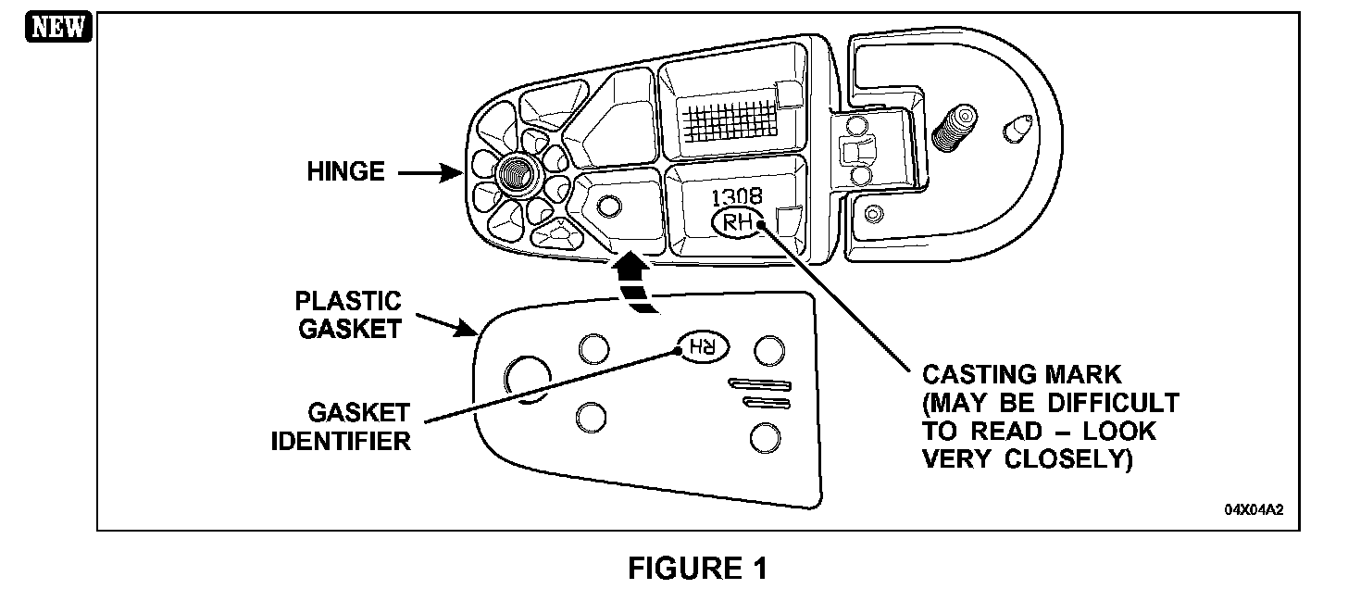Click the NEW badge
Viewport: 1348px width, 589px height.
point(58,27)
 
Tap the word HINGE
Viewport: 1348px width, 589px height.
point(345,171)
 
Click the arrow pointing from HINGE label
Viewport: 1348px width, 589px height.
point(431,174)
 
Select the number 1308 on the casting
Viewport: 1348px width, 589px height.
point(737,196)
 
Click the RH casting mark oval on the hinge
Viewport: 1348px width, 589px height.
point(738,222)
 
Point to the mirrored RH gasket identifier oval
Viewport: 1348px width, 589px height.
point(703,347)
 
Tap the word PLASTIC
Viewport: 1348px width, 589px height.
point(348,301)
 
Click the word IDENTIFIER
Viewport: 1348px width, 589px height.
point(341,442)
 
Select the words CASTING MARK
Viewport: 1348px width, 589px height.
point(1022,374)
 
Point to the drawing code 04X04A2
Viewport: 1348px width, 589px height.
point(1254,510)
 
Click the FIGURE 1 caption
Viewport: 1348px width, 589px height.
point(698,568)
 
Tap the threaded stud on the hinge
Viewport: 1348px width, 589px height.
point(954,127)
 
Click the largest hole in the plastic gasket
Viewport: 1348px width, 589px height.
point(527,379)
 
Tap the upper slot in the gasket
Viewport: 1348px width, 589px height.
point(759,385)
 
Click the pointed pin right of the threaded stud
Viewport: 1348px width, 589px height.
point(1018,129)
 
